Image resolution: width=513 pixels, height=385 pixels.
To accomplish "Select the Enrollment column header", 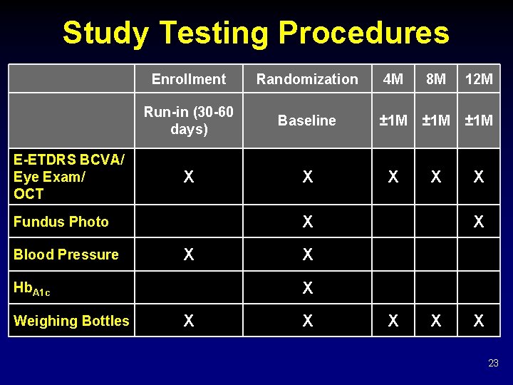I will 189,79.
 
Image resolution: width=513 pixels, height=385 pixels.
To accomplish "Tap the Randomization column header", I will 307,79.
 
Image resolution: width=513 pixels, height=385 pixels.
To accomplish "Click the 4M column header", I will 393,79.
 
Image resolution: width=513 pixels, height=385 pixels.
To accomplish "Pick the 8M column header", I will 436,79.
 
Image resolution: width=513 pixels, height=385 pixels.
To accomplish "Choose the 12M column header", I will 479,79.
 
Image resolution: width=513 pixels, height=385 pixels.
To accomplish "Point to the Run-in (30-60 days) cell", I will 189,120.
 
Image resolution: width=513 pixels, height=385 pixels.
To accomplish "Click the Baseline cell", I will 307,120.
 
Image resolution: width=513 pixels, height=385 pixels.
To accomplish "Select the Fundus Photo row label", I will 61,222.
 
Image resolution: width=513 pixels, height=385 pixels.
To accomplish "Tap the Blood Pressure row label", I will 66,255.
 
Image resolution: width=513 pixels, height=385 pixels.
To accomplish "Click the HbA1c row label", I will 32,288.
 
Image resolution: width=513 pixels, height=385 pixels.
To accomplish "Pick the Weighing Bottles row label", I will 71,321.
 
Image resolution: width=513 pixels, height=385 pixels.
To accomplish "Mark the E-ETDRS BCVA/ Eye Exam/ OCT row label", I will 68,177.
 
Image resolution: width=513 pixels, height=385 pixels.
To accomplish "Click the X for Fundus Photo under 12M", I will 479,222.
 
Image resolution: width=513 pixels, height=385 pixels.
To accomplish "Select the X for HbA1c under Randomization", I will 307,288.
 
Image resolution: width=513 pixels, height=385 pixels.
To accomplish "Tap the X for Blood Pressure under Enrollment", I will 189,255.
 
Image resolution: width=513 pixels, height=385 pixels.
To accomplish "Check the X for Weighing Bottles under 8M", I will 436,321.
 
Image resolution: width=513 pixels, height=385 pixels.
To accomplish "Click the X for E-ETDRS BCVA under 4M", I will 393,177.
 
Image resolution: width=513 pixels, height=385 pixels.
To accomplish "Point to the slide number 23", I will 493,364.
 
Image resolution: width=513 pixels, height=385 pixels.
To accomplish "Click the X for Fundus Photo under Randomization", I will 307,222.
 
